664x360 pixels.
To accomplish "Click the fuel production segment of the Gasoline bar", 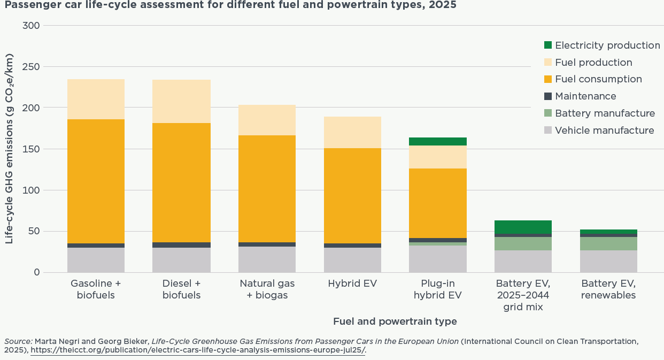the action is [x=96, y=99].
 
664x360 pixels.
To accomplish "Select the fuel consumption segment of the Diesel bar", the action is [x=181, y=182].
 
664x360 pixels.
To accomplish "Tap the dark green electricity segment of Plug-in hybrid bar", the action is [x=437, y=141].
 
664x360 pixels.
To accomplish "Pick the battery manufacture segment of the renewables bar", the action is [x=608, y=243].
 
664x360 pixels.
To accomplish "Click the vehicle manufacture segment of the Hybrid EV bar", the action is [x=352, y=260].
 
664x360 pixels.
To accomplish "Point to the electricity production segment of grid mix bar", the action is [x=523, y=227].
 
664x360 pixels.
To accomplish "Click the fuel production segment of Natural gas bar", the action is [x=267, y=120].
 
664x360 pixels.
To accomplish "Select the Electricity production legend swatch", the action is [x=548, y=45].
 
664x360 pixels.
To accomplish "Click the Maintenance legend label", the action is [x=585, y=96].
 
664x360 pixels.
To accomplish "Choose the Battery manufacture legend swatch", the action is [x=548, y=113].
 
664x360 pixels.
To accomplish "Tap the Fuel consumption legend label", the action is [x=598, y=79].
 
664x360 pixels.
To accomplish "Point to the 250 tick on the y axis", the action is [x=31, y=67].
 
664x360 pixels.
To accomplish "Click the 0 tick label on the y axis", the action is [x=37, y=272].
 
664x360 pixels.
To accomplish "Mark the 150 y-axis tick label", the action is [x=31, y=149].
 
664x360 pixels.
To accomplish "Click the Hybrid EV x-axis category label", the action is [x=352, y=284].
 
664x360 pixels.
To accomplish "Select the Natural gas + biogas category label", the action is [x=267, y=289].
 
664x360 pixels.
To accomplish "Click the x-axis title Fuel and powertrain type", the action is [x=395, y=321].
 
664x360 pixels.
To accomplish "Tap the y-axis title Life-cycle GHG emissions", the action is [x=9, y=149].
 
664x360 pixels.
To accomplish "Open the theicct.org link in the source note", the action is [x=198, y=350].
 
